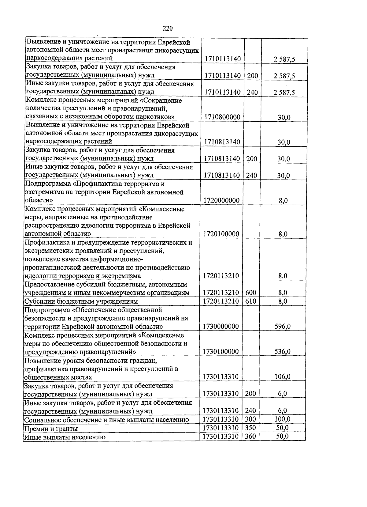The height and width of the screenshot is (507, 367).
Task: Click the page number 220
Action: [x=168, y=28]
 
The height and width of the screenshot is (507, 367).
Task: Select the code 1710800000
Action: [x=222, y=117]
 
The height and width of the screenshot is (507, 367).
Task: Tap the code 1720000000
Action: [x=221, y=201]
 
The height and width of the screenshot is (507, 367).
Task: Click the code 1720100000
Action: [x=221, y=234]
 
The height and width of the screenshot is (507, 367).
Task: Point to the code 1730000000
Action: [x=221, y=327]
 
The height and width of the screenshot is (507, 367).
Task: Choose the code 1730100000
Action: [x=221, y=352]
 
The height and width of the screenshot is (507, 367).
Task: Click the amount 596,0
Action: [x=283, y=327]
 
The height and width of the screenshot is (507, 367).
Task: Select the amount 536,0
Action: [x=283, y=352]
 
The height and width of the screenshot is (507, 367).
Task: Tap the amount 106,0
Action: [x=283, y=377]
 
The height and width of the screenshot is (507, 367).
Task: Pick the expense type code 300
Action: [x=250, y=419]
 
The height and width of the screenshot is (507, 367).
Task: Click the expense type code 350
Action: [x=250, y=428]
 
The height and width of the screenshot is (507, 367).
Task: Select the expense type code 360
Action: [x=250, y=436]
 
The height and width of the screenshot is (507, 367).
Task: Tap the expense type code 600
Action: [x=251, y=293]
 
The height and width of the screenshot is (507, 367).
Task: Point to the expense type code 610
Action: [x=251, y=301]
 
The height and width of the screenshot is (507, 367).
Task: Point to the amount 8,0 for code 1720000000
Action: [x=283, y=201]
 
